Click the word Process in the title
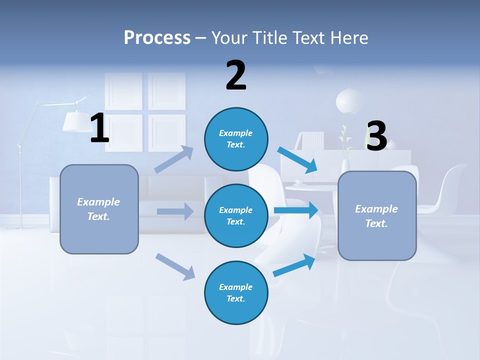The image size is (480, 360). coord(157,37)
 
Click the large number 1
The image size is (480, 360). coord(99,128)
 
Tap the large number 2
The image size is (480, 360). coord(236,75)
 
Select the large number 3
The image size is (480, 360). coord(376,136)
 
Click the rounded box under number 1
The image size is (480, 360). coord(99,209)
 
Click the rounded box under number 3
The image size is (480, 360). coord(377,216)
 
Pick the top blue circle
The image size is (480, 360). coord(236,139)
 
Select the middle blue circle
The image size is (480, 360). coord(236,215)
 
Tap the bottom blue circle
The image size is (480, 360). coord(236,292)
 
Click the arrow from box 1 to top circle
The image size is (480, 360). coord(174,159)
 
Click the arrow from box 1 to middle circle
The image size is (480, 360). coord(175,211)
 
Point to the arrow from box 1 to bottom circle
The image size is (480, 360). coord(175,266)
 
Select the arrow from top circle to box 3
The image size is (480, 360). coord(298,159)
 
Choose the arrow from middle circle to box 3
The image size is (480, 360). coord(296,210)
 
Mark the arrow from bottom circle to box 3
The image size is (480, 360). coord(294,265)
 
